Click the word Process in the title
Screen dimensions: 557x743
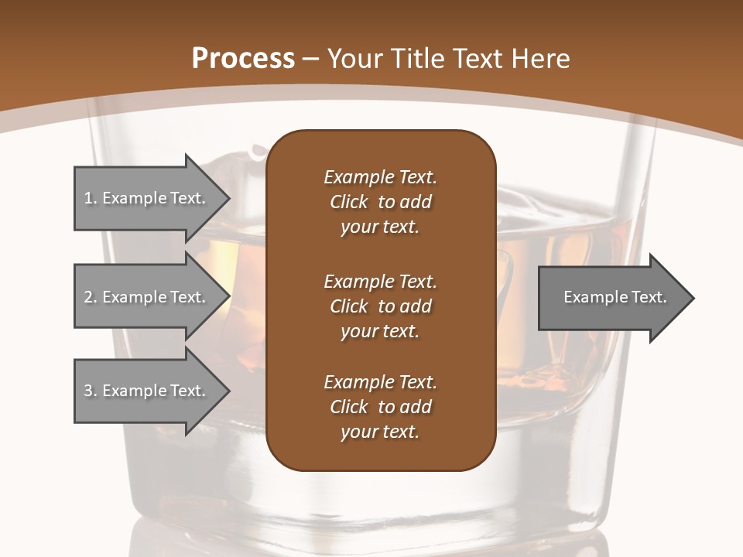tap(243, 58)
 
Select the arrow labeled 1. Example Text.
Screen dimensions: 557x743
tap(147, 198)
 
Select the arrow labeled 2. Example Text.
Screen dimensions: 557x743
tap(147, 297)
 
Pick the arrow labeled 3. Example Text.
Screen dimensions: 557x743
tap(147, 391)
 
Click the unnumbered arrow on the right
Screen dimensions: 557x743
tap(611, 297)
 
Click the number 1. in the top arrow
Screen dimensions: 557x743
tap(90, 198)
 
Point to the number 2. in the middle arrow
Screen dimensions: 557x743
tap(90, 297)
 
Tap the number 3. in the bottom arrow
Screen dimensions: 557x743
tap(90, 391)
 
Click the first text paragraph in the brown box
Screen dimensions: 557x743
tap(380, 202)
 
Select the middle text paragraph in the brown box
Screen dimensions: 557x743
tap(380, 306)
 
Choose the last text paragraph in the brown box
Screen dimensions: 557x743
tap(380, 407)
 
